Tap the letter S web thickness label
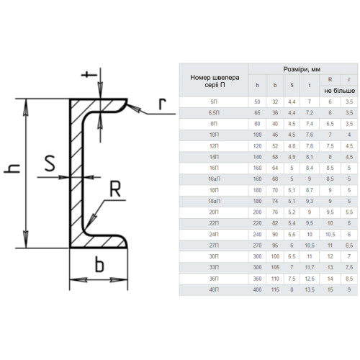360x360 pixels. click(50, 163)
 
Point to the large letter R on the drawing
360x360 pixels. click(115, 189)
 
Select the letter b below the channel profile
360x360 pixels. click(99, 264)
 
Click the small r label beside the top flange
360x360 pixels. click(163, 104)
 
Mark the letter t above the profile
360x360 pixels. click(89, 75)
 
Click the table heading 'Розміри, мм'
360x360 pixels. click(302, 69)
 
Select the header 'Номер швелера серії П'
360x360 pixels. click(215, 81)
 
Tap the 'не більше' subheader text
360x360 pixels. click(339, 91)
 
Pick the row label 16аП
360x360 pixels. click(214, 179)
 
